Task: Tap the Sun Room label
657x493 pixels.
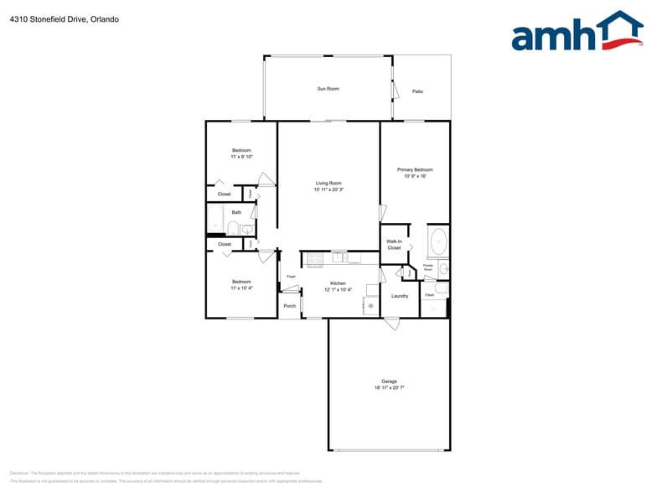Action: coord(328,88)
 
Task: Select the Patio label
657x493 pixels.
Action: coord(417,91)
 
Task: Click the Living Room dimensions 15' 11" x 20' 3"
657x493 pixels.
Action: coord(328,189)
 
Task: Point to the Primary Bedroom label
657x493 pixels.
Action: coord(415,169)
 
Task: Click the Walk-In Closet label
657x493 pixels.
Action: coord(394,245)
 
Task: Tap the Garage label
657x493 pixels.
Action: coord(389,381)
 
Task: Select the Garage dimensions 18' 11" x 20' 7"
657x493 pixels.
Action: coord(389,388)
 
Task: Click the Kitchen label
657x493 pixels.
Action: coord(338,283)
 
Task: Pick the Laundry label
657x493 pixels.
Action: coord(400,296)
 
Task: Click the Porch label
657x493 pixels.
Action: coord(289,306)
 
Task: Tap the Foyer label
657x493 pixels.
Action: coord(292,277)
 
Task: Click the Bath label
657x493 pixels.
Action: coord(236,212)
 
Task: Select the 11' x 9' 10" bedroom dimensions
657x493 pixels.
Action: coord(241,157)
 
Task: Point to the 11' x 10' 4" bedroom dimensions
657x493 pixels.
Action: coord(241,288)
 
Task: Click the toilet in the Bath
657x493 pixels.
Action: coord(233,228)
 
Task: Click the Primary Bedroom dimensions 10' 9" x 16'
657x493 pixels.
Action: coord(415,176)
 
